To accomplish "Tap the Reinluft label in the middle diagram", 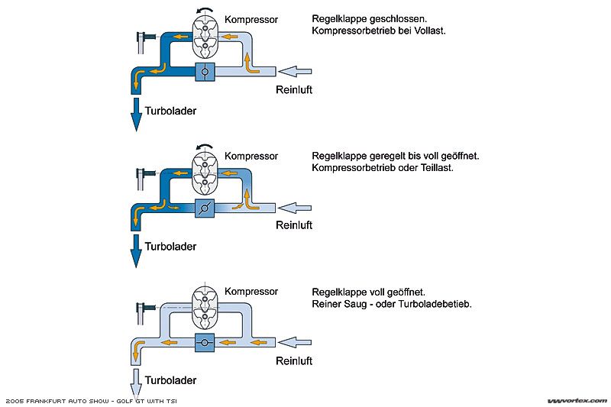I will click(294, 225).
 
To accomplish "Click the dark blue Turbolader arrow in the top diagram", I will click(135, 113).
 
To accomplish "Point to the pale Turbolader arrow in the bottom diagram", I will click(135, 380).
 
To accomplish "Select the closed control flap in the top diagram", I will click(205, 73).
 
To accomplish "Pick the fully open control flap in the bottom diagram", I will click(205, 343).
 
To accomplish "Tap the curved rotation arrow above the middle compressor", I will click(204, 147).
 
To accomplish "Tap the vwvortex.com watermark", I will click(577, 400).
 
